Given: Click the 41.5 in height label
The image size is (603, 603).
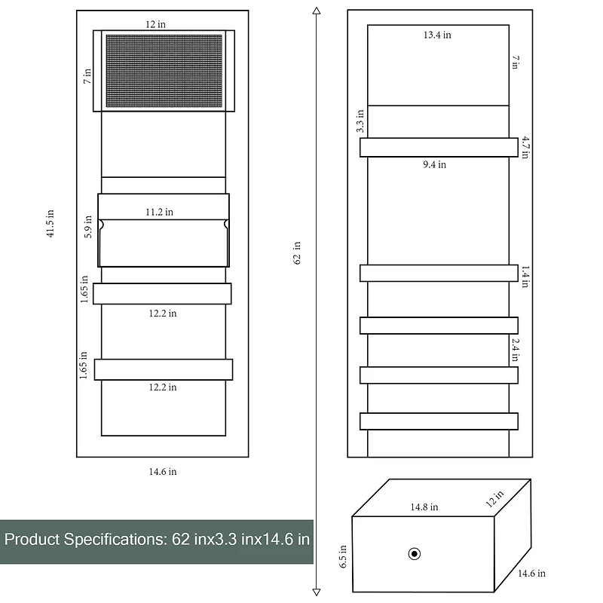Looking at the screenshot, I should point(51,224).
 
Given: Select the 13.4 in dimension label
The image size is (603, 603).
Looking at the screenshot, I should point(437,35).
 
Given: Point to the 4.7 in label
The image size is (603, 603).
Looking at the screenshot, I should point(525,147).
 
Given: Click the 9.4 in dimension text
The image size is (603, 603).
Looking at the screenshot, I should point(434,164).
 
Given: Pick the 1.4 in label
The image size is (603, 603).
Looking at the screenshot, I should point(525,274).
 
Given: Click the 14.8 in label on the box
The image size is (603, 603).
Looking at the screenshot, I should point(424,507).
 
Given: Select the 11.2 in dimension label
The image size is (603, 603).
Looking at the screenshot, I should point(159,213).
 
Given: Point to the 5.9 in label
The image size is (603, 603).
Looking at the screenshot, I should point(89,228).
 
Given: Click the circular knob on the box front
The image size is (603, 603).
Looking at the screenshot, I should point(414,555).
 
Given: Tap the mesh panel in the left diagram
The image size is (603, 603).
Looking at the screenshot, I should point(163,71).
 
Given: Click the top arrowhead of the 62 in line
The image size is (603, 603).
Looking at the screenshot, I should point(316,10).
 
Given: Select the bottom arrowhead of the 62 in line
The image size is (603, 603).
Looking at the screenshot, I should point(316,592).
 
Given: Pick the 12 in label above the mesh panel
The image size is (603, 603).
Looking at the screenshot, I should point(156,24).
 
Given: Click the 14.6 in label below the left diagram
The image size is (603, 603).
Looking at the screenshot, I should point(162,472).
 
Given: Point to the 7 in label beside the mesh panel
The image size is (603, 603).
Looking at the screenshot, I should point(87,75).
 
